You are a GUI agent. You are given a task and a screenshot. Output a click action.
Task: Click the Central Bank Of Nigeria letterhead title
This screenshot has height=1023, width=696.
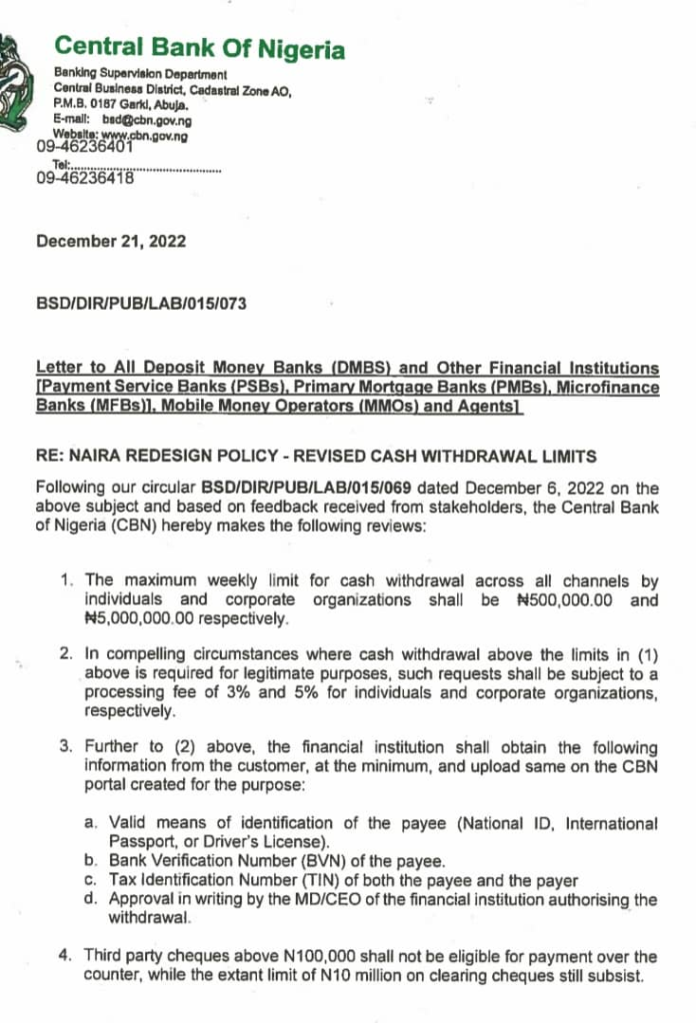[x=199, y=49]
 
